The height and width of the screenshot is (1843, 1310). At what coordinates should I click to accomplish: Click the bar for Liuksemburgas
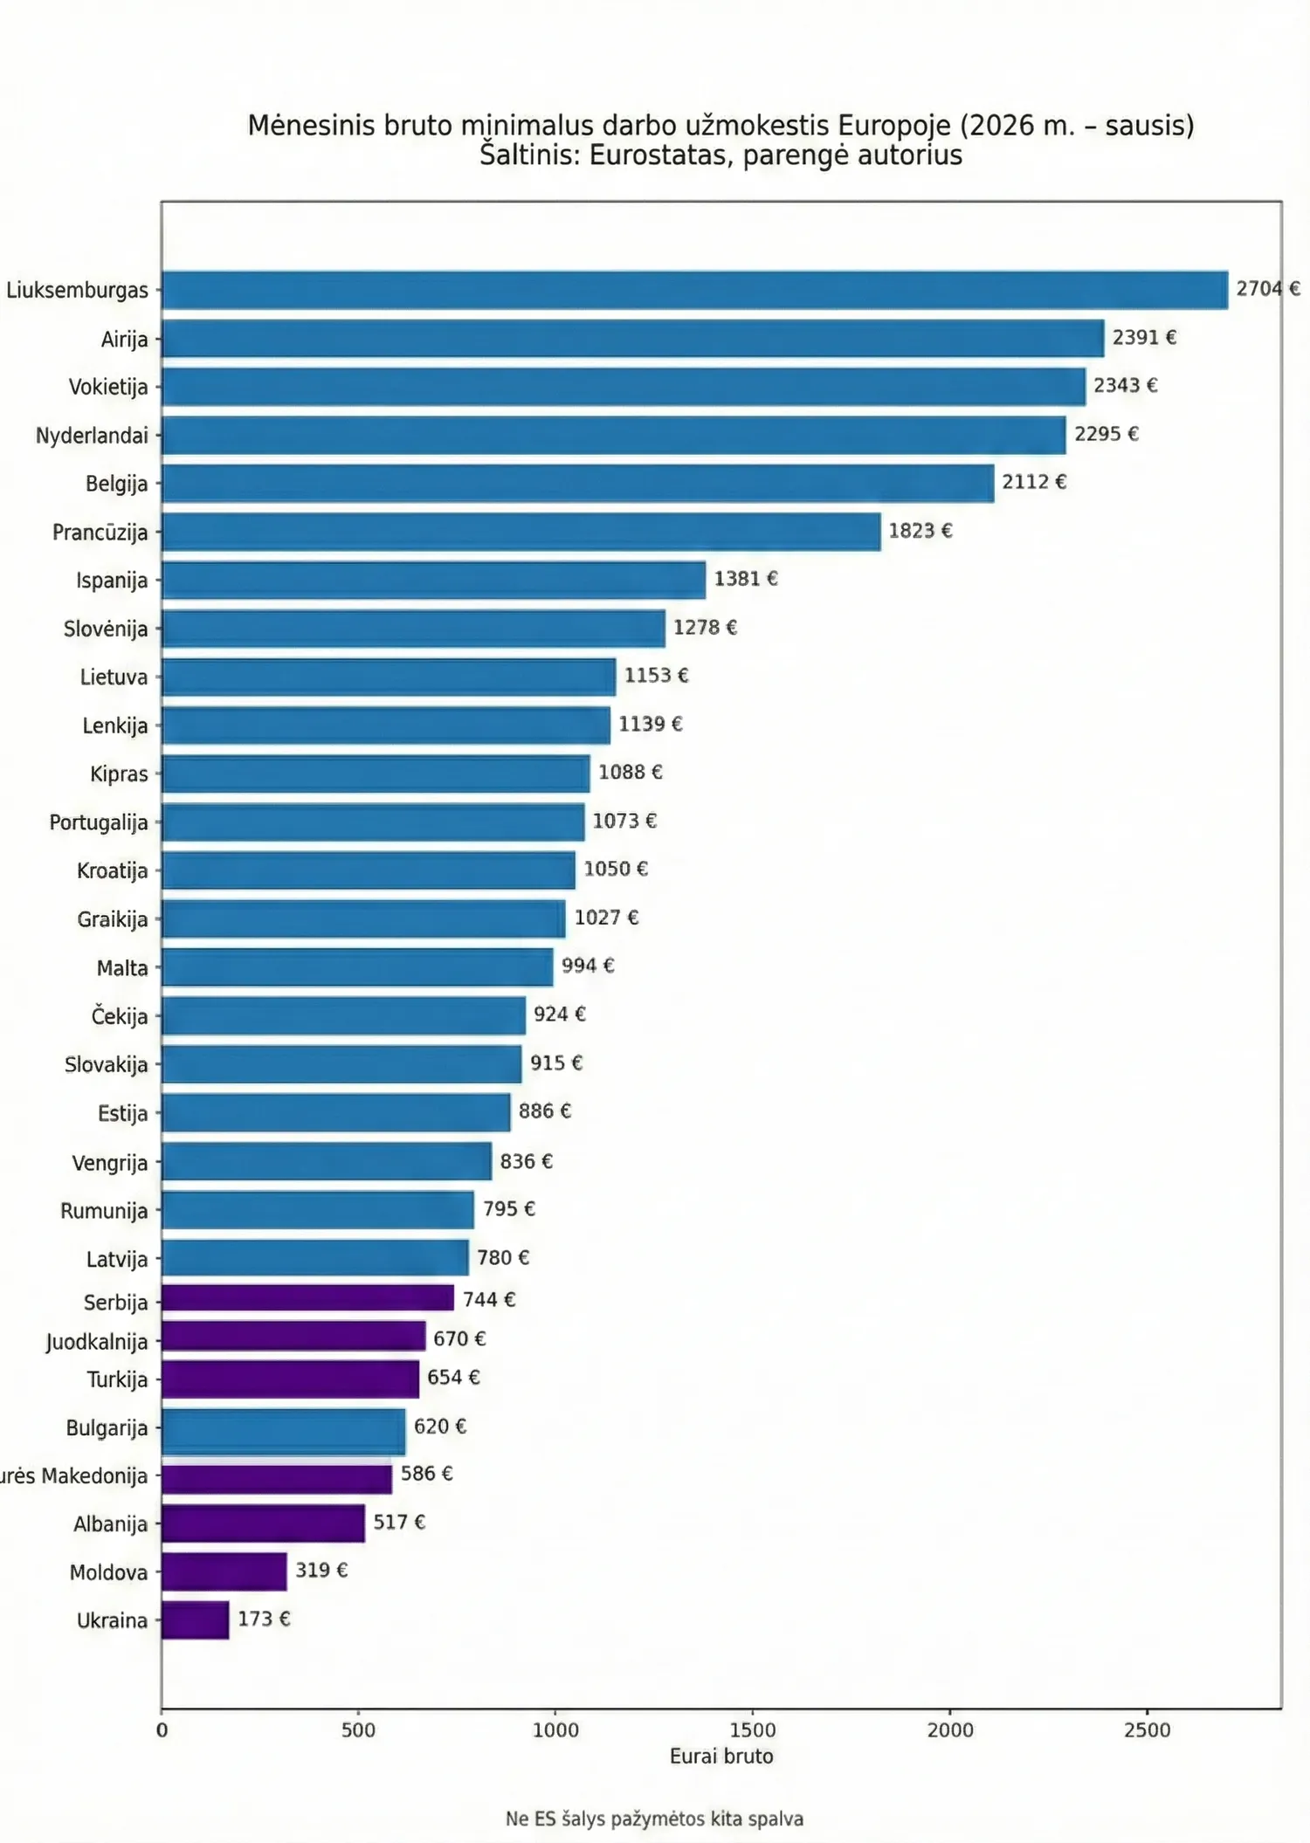(x=694, y=290)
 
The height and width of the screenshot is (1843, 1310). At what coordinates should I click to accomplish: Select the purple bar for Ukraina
(x=196, y=1620)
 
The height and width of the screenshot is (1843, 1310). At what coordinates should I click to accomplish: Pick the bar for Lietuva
(x=389, y=677)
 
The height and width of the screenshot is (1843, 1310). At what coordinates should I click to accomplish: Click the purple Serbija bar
(x=307, y=1298)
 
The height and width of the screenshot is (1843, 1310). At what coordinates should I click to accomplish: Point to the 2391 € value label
(x=1144, y=337)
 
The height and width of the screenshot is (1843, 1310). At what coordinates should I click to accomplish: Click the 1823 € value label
(x=920, y=531)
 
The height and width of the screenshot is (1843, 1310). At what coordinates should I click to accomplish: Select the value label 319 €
(x=321, y=1570)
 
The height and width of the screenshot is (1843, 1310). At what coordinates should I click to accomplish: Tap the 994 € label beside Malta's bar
(x=588, y=965)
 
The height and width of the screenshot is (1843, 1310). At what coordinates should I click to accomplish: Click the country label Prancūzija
(x=100, y=533)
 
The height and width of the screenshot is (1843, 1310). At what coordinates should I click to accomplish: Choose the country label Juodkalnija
(x=97, y=1341)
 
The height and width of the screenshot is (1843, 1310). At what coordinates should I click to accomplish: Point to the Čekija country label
(x=120, y=1016)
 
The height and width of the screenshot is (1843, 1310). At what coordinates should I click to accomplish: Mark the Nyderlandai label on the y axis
(x=92, y=436)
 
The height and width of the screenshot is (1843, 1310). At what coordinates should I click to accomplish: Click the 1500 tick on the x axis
(x=752, y=1730)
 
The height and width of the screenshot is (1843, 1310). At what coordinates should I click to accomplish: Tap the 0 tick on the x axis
(x=162, y=1730)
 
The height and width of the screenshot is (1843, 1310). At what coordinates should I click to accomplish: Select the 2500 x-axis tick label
(x=1147, y=1730)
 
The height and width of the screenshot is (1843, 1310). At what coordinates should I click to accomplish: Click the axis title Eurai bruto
(x=721, y=1757)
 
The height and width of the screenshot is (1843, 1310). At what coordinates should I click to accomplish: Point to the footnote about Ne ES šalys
(x=654, y=1819)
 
